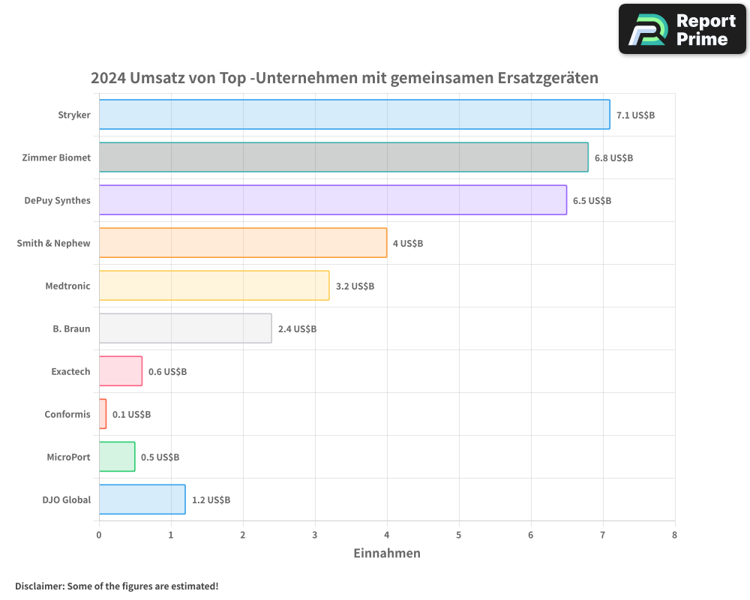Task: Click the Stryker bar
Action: pyautogui.click(x=354, y=115)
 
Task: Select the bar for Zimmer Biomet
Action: pyautogui.click(x=343, y=157)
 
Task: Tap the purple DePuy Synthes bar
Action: pyautogui.click(x=332, y=200)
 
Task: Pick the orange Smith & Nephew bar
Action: pyautogui.click(x=243, y=243)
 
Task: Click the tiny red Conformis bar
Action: pyautogui.click(x=103, y=414)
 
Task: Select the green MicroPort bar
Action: pyautogui.click(x=117, y=457)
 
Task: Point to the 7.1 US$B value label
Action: pyautogui.click(x=635, y=115)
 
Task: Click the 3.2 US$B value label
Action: pyautogui.click(x=355, y=286)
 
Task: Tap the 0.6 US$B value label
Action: pyautogui.click(x=167, y=372)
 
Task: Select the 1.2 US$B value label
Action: pyautogui.click(x=211, y=500)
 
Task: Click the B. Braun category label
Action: pyautogui.click(x=72, y=328)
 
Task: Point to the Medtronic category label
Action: pyautogui.click(x=67, y=286)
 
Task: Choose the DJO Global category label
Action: pyautogui.click(x=67, y=499)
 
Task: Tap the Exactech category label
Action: pyautogui.click(x=70, y=371)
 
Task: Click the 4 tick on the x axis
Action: pyautogui.click(x=387, y=535)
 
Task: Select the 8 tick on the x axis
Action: pyautogui.click(x=675, y=535)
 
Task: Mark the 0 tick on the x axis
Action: pyautogui.click(x=99, y=535)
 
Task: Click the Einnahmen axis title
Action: pyautogui.click(x=387, y=553)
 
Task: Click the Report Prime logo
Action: pyautogui.click(x=682, y=29)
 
